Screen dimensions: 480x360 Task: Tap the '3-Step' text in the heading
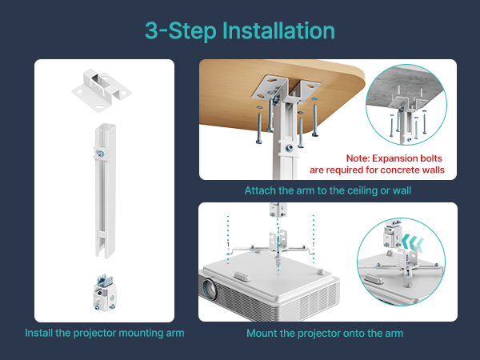tap(181, 31)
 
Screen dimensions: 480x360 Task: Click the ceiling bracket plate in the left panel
tap(102, 90)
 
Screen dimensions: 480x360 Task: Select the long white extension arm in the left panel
tap(106, 190)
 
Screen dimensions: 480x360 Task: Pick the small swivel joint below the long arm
tap(105, 293)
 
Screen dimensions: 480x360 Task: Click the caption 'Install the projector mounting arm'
tap(105, 333)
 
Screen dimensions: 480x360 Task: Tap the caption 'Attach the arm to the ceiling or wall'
tap(327, 190)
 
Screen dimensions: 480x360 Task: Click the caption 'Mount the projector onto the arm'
tap(325, 333)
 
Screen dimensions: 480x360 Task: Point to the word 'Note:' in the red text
tap(358, 158)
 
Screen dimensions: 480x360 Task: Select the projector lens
tap(209, 288)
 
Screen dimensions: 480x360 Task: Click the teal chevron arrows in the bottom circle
tap(414, 242)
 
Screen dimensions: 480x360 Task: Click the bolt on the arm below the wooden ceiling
tap(290, 149)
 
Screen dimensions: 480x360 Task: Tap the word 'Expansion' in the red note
tap(391, 158)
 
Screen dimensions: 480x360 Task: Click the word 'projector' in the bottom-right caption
tap(310, 334)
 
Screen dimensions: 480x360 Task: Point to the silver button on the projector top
tap(242, 276)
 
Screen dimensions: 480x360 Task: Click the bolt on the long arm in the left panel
tap(101, 154)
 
